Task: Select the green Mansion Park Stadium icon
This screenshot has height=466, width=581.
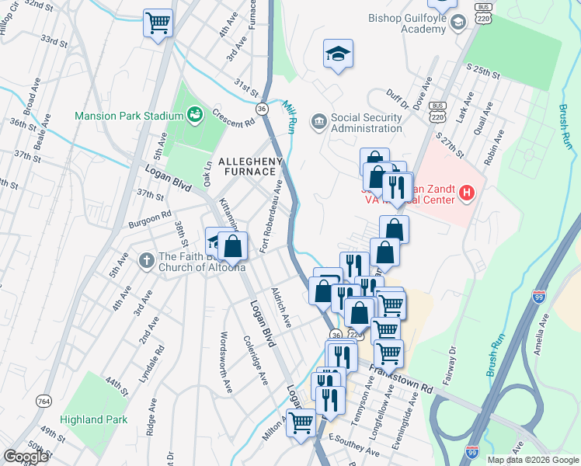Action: coord(196,116)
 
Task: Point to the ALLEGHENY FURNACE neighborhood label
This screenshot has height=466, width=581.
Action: coord(251,166)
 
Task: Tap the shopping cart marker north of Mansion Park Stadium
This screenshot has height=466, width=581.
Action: coord(158,23)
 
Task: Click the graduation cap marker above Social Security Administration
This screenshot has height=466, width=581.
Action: coord(338,54)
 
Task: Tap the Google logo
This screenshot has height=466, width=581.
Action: coord(26,457)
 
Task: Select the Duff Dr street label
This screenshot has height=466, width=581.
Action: coord(397,100)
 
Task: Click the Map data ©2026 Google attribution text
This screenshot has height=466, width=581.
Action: coord(533,460)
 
